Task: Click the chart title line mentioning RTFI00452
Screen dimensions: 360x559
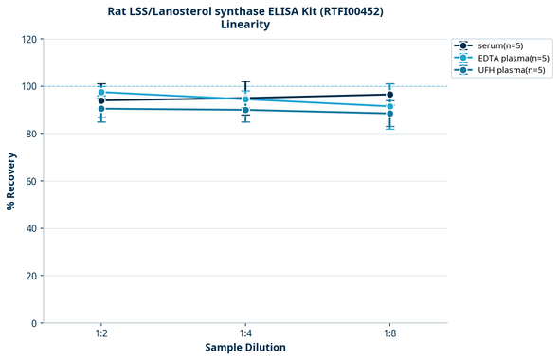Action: click(245, 10)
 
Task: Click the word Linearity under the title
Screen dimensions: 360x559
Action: click(245, 25)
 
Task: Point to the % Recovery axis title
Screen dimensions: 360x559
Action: click(11, 180)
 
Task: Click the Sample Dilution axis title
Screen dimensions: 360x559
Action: click(245, 348)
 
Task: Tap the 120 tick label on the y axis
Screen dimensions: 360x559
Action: click(28, 39)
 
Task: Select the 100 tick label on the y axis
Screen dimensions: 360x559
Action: click(28, 86)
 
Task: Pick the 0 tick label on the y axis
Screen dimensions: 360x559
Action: click(34, 323)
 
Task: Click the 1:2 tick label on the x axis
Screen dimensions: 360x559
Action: click(101, 333)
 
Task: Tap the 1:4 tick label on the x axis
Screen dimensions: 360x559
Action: click(245, 333)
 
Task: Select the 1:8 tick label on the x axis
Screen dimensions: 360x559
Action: click(389, 333)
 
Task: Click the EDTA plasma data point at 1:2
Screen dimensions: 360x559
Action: click(101, 92)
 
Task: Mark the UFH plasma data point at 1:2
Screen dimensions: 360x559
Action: click(101, 109)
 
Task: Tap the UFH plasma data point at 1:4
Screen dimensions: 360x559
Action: click(245, 110)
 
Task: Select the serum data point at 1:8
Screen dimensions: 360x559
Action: click(389, 95)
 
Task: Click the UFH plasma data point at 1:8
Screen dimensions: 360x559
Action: click(389, 114)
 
